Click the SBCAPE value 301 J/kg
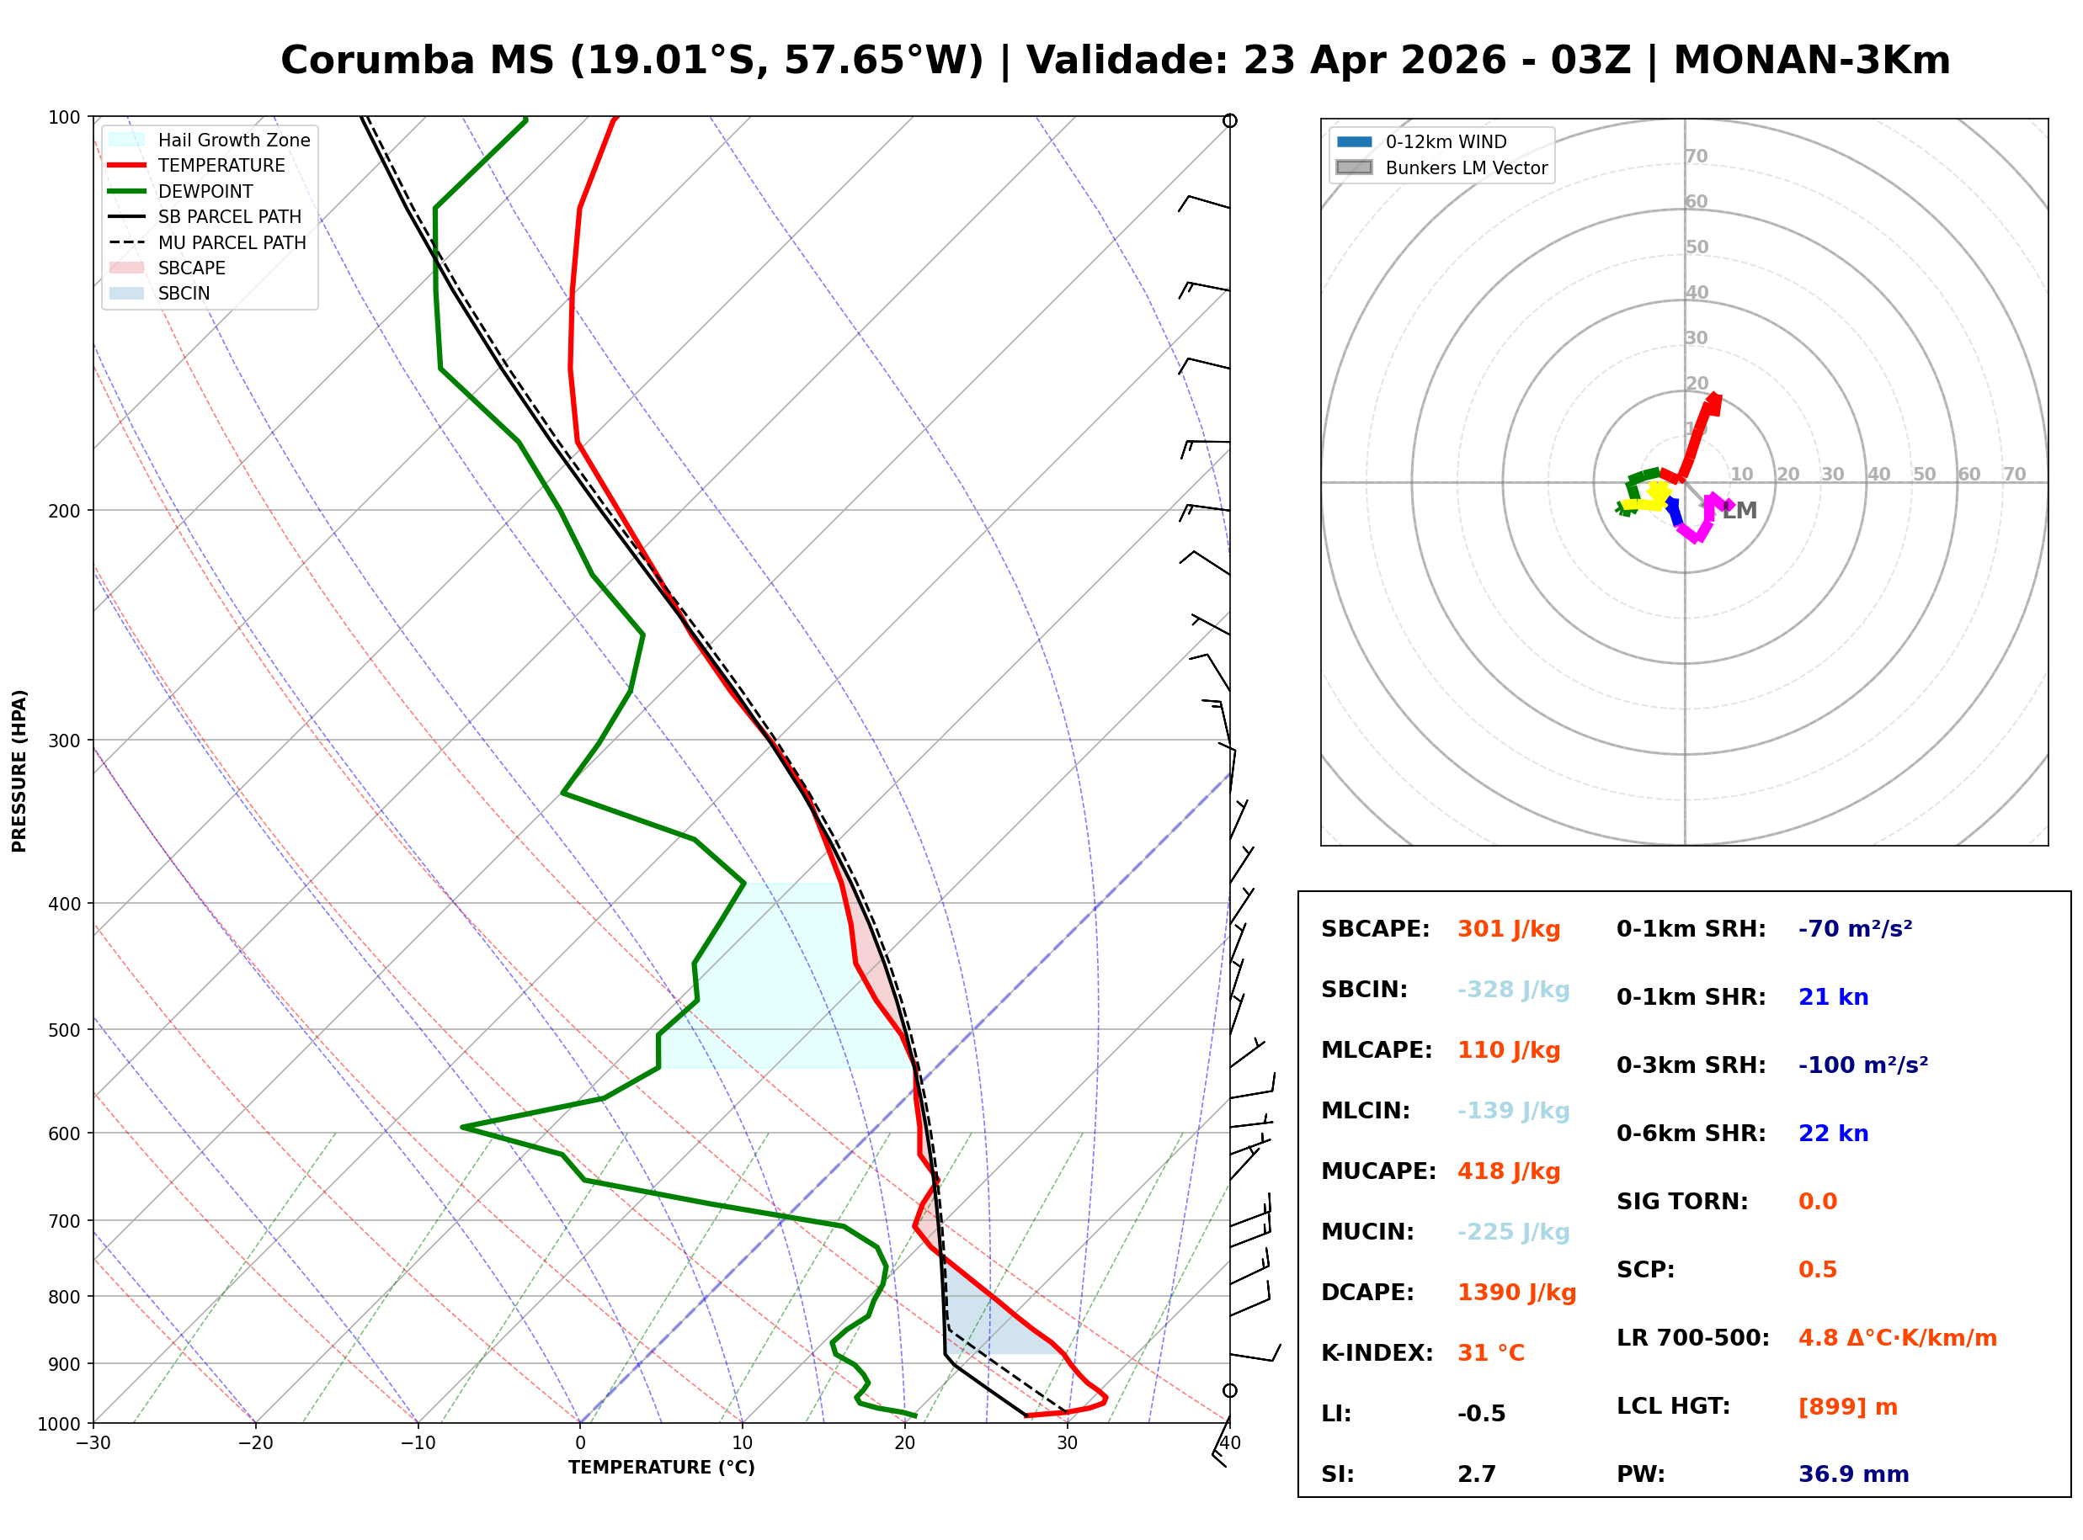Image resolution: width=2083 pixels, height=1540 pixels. coord(1508,929)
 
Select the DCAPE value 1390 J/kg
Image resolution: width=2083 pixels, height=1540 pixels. coord(1516,1293)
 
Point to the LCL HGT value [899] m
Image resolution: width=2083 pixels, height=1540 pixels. coord(1847,1407)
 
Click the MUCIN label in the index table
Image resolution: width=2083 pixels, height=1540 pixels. coord(1366,1232)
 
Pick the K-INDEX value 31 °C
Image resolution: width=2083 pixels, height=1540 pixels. coord(1490,1353)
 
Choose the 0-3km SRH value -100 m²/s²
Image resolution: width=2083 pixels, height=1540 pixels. coord(1862,1065)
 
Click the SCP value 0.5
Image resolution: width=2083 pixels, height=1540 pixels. coord(1817,1271)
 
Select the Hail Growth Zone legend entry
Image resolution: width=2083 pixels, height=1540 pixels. coord(233,140)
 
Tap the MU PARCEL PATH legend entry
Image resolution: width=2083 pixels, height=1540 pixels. coord(232,242)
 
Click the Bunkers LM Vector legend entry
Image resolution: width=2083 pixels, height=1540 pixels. coord(1466,167)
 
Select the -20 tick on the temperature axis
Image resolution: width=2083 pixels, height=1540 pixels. coord(255,1444)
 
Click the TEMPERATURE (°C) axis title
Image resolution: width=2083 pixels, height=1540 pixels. coord(661,1468)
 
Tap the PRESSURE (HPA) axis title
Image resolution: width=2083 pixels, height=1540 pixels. coord(19,771)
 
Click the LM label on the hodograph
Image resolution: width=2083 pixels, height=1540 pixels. coord(1739,511)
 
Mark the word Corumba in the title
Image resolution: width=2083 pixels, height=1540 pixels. coord(379,61)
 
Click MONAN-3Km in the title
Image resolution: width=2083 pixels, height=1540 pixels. coord(1811,61)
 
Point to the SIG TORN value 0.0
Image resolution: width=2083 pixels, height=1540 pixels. coord(1817,1203)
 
